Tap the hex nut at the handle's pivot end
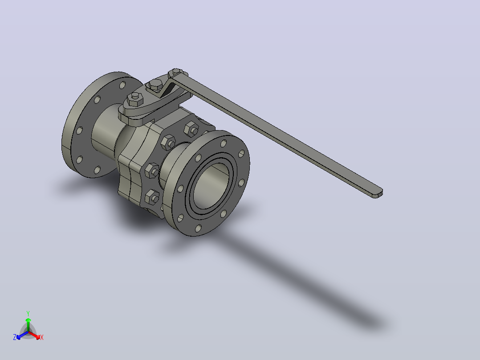[176, 73]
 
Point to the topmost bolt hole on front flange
[224, 143]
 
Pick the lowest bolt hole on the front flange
[199, 228]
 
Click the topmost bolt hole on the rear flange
[122, 85]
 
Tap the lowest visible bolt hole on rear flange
[98, 170]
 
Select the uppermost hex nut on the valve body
[191, 129]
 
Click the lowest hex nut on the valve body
[152, 196]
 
